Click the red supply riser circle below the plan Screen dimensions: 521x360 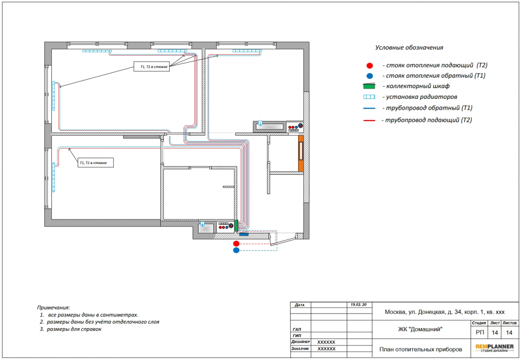click(236, 244)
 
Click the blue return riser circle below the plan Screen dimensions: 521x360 click(236, 250)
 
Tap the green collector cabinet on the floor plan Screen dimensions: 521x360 click(236, 226)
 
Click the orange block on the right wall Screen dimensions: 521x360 click(301, 154)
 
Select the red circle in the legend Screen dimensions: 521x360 click(370, 66)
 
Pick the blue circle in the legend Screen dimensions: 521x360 click(370, 76)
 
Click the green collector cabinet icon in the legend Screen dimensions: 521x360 click(369, 86)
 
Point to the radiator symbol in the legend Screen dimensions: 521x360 click(369, 97)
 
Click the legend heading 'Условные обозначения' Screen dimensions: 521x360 click(409, 48)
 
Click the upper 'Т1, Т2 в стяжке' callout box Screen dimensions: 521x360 click(152, 67)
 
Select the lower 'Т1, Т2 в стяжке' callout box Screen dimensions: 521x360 click(96, 163)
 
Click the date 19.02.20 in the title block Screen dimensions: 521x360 click(358, 304)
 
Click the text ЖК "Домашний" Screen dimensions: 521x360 click(420, 329)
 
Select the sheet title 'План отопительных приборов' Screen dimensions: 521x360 click(421, 349)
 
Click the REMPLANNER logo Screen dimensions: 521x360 click(495, 348)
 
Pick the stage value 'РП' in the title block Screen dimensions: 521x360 click(480, 333)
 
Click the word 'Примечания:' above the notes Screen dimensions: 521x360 click(53, 307)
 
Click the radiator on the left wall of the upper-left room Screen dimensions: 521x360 click(53, 96)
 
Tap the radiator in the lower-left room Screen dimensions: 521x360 click(53, 177)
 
